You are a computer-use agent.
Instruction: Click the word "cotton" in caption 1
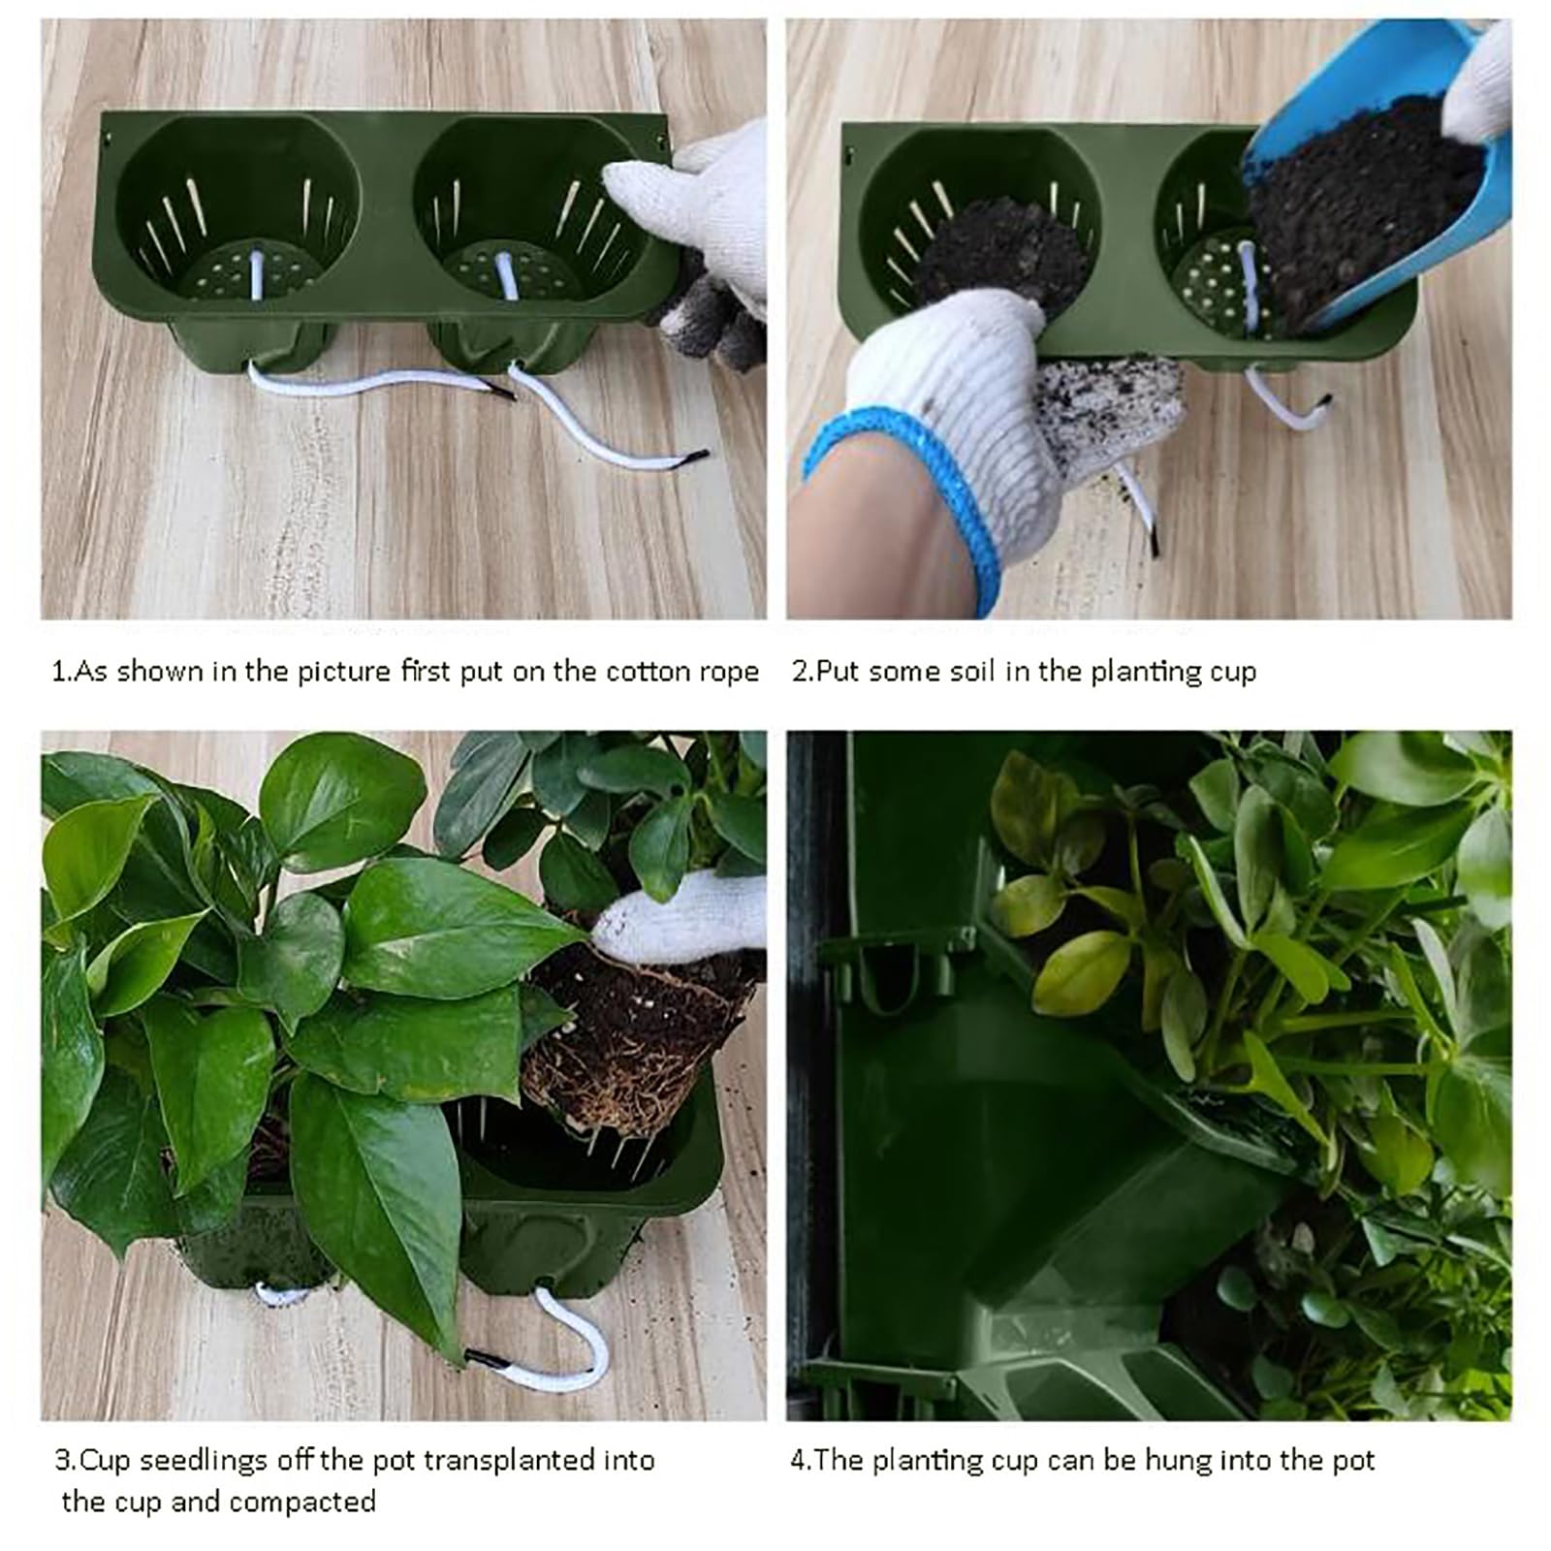point(648,672)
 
